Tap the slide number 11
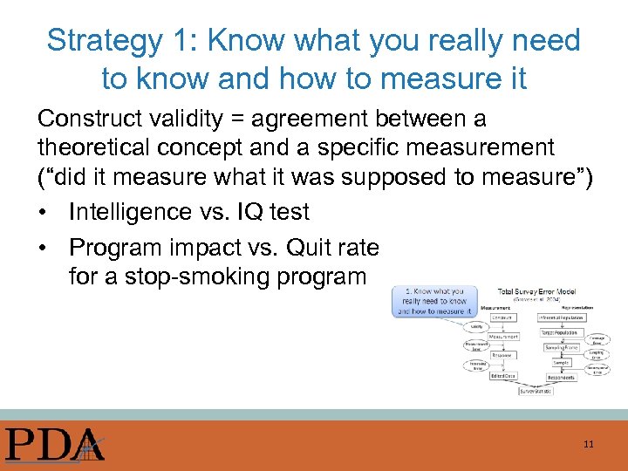[589, 444]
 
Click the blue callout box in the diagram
[433, 301]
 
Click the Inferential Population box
[566, 318]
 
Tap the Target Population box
[566, 333]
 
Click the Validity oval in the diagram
[476, 326]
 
